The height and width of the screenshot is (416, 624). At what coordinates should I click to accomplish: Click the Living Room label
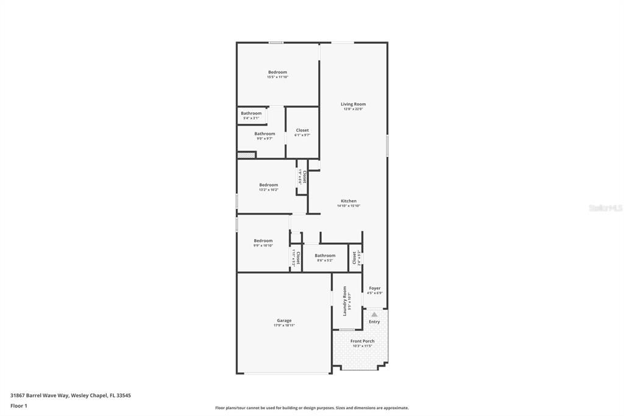click(x=353, y=104)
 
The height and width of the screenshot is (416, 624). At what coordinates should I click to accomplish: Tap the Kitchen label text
click(x=349, y=201)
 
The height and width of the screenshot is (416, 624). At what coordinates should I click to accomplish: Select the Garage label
click(x=284, y=320)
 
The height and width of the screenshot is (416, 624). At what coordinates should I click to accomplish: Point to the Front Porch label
click(x=363, y=341)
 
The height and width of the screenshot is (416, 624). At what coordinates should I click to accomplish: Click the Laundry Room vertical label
click(x=345, y=301)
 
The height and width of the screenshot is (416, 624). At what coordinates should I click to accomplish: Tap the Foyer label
click(x=375, y=288)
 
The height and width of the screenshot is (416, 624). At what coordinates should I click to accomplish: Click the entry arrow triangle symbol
click(x=374, y=314)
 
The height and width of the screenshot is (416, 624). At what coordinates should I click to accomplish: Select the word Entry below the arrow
click(x=374, y=321)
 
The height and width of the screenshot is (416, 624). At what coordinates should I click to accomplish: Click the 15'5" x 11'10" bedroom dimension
click(x=277, y=77)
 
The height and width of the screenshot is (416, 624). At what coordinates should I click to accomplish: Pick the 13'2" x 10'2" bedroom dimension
click(x=269, y=190)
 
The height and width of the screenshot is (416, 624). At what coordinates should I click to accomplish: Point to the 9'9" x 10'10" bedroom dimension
click(x=263, y=245)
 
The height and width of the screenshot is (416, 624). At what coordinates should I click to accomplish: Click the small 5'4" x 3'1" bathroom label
click(x=250, y=118)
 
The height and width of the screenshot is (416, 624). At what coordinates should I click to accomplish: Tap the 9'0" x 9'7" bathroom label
click(x=264, y=138)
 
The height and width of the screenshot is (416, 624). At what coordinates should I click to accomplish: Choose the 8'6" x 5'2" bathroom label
click(x=325, y=260)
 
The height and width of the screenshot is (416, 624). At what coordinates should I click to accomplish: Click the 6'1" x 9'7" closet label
click(x=302, y=135)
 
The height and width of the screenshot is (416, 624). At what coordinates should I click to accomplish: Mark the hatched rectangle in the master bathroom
click(x=246, y=155)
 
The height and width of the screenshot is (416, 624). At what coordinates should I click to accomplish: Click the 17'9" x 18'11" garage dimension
click(x=284, y=325)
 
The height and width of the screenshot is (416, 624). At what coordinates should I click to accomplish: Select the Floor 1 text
click(x=19, y=406)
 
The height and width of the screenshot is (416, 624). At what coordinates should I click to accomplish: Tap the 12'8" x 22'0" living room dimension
click(x=353, y=109)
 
